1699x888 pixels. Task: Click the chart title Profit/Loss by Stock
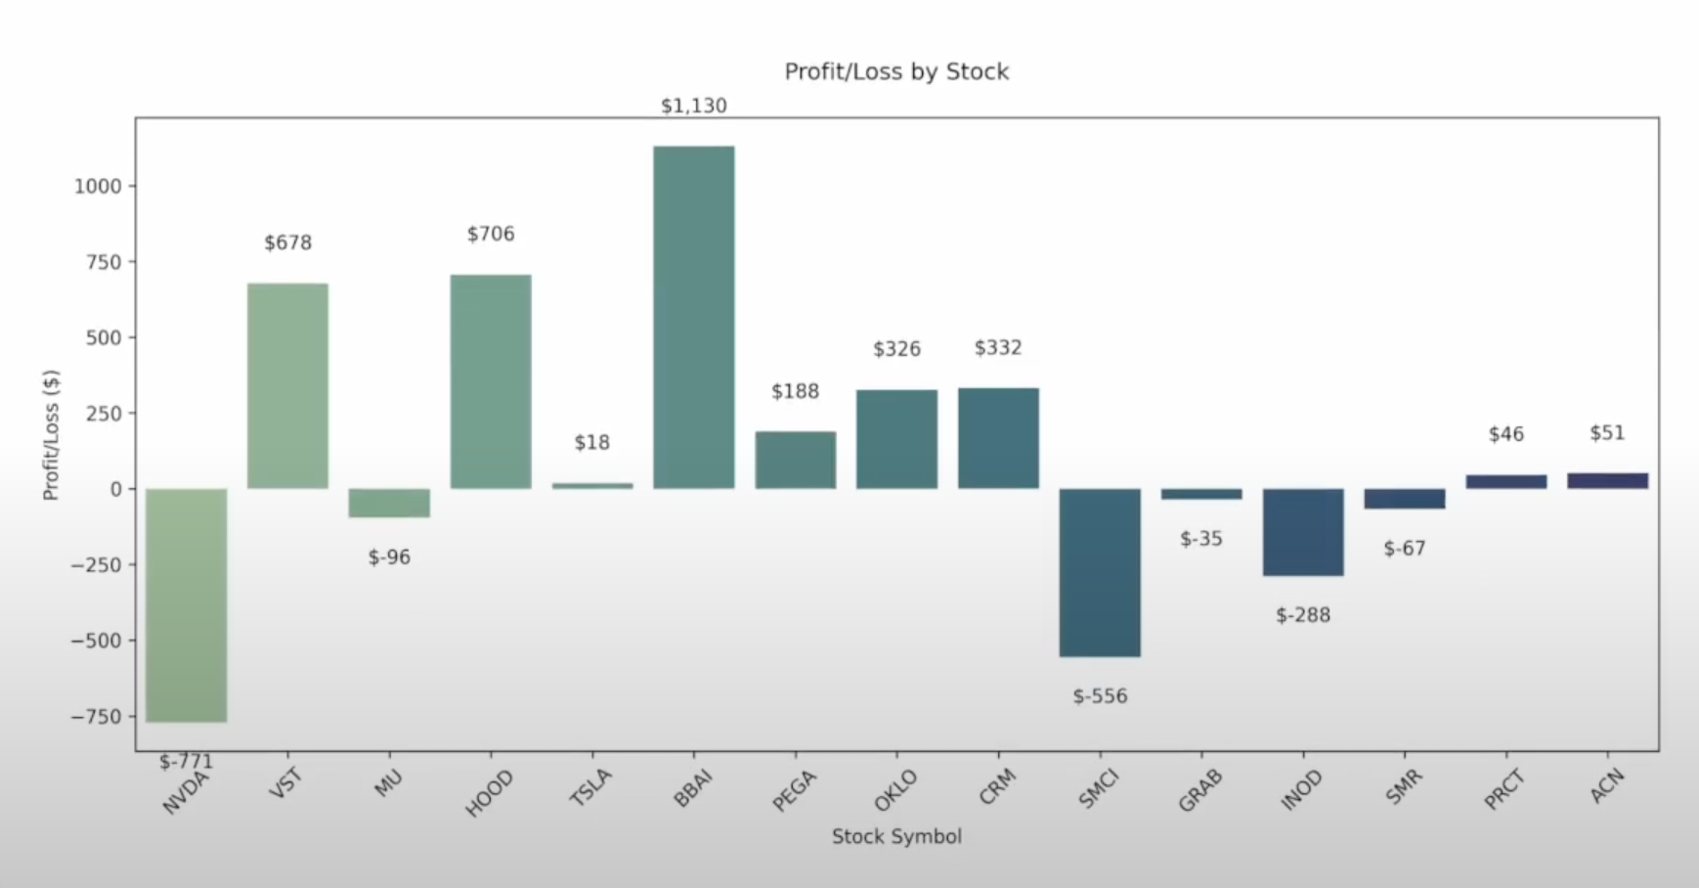[896, 71]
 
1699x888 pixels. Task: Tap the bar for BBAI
[694, 317]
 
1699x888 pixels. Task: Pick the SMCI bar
[1100, 572]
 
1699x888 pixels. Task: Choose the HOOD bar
[491, 381]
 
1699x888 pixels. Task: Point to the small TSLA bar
[592, 485]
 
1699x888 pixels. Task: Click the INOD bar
[1303, 532]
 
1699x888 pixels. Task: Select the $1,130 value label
[694, 106]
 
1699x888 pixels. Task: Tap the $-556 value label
[1100, 696]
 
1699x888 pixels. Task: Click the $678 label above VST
[288, 243]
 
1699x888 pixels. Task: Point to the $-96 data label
[389, 557]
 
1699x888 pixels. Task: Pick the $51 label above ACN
[1607, 433]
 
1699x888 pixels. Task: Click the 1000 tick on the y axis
[98, 186]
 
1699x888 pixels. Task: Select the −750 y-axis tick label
[96, 717]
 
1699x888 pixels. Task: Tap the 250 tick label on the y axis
[104, 414]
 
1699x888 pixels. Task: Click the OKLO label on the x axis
[896, 789]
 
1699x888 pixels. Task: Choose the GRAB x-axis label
[1200, 790]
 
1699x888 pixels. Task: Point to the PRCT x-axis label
[1504, 789]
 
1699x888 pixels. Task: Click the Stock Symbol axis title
[896, 836]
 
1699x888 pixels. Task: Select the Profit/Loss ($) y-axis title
[52, 435]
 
